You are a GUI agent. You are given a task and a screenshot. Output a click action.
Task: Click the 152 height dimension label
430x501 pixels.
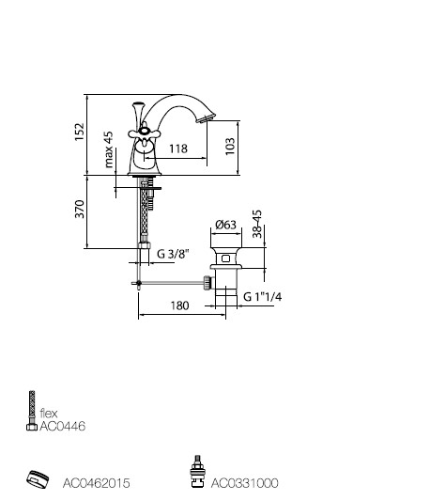click(x=79, y=132)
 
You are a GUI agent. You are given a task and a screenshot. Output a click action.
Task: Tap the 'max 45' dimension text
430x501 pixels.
click(x=109, y=149)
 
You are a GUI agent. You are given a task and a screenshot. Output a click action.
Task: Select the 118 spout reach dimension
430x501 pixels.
click(x=178, y=149)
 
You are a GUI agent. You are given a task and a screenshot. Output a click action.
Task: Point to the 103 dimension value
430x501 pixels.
click(x=230, y=147)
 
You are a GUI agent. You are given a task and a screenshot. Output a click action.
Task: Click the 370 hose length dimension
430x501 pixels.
click(x=79, y=209)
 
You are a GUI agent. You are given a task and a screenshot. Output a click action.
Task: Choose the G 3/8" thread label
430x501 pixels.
click(x=173, y=254)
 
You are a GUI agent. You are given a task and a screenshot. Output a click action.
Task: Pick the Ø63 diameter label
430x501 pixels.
click(x=225, y=225)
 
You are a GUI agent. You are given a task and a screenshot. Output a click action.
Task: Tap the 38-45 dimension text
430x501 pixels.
click(x=257, y=224)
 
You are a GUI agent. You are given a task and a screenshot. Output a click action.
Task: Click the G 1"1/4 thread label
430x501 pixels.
click(x=262, y=297)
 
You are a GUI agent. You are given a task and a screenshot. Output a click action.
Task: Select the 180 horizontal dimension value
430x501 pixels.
click(x=179, y=305)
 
